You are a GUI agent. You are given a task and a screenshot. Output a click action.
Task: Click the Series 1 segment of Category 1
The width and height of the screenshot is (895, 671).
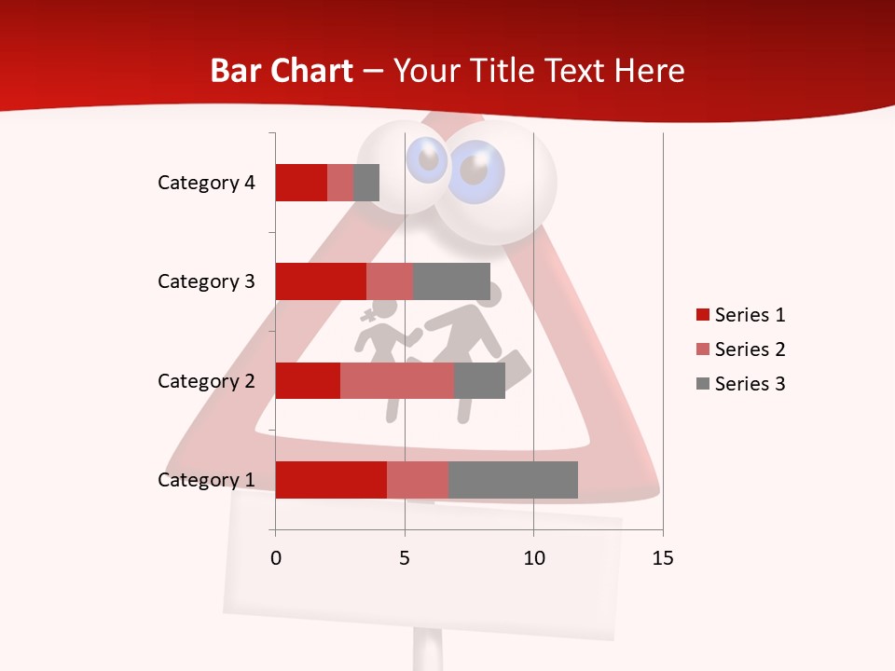coord(331,480)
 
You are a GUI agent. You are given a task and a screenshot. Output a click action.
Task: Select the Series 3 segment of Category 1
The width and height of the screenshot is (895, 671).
coord(513,480)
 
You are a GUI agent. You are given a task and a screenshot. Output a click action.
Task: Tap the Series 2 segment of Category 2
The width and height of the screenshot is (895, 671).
coord(397,380)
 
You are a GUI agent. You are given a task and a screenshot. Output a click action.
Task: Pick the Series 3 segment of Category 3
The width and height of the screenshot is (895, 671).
coord(451,281)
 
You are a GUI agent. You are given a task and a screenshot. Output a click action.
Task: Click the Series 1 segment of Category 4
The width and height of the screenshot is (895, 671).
coord(301,183)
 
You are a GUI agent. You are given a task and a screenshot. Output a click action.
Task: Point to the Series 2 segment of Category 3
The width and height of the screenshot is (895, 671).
coord(390,281)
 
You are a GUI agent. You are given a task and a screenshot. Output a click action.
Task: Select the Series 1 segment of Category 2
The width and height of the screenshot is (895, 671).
coord(308,380)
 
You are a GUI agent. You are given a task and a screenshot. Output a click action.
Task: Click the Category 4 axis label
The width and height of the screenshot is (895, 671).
coord(206,183)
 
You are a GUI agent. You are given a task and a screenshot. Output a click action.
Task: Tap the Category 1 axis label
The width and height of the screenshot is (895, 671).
coord(206,480)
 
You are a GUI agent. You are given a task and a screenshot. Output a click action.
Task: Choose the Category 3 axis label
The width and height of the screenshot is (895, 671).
coord(206,281)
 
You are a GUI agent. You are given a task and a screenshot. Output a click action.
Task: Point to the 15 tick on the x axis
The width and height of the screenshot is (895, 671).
coord(663,558)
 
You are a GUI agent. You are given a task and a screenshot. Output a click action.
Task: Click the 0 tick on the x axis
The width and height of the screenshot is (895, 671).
coord(276,558)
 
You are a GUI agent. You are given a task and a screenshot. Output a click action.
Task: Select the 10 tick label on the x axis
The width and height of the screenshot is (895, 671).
coord(533,558)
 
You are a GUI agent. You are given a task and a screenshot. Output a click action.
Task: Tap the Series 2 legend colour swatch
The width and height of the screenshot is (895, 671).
coord(703,349)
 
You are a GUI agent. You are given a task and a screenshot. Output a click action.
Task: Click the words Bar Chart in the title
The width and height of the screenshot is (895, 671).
coord(282,71)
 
